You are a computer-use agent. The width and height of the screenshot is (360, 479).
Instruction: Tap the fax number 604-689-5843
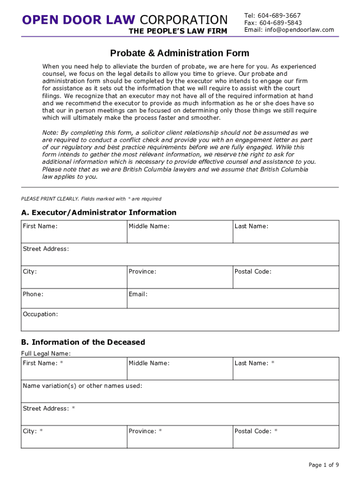click(x=281, y=22)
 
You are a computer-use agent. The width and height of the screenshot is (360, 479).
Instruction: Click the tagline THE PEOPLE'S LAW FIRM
click(x=178, y=31)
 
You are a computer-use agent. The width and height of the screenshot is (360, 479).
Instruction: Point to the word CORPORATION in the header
click(x=183, y=20)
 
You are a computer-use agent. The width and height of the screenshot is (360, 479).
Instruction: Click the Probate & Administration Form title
click(x=180, y=53)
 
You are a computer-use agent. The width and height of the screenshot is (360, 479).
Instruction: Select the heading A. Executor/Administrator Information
click(x=99, y=212)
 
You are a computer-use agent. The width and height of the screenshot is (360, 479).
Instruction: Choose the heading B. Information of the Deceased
click(x=83, y=342)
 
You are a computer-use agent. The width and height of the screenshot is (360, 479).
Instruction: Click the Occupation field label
click(x=40, y=314)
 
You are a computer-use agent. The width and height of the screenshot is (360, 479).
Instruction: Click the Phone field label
click(x=33, y=294)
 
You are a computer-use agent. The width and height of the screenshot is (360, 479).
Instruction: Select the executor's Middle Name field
click(x=180, y=232)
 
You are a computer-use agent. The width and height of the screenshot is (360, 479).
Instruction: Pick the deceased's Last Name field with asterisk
click(x=286, y=369)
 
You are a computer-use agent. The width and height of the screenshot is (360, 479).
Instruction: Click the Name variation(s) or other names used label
click(x=82, y=386)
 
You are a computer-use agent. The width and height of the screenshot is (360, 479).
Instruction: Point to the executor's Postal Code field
click(x=286, y=277)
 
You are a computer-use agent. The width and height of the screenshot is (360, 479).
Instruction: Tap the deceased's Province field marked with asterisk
click(x=180, y=436)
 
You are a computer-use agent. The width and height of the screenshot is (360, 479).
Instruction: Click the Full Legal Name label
click(x=46, y=354)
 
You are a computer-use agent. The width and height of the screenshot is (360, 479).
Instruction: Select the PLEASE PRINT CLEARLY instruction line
click(x=91, y=199)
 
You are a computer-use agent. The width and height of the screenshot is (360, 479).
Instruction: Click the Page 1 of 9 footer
click(x=324, y=464)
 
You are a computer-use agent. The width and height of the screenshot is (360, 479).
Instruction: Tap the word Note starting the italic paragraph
click(x=49, y=132)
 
